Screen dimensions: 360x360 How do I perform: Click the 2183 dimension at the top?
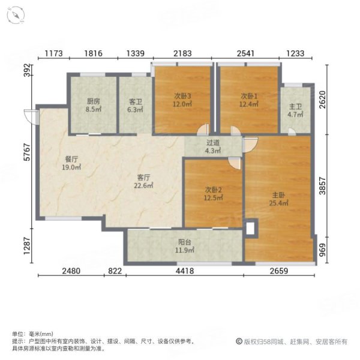tap(182, 55)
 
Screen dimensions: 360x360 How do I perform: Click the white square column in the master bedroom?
tap(250, 228)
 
